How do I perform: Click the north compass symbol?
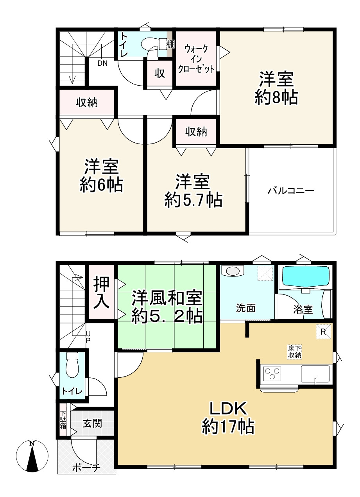tap(32, 456)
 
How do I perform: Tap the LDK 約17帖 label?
tap(228, 418)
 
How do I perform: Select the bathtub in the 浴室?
tap(306, 276)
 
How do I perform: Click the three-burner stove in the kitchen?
tap(271, 375)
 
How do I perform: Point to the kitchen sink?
tap(316, 374)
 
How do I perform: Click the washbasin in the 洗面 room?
tap(232, 271)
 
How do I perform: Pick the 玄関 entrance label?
tap(93, 423)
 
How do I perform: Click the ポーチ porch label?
tap(87, 467)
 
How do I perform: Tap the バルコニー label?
tap(291, 191)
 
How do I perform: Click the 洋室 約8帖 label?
tap(276, 88)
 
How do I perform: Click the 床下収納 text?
tap(295, 352)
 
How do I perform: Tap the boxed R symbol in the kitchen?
tap(323, 332)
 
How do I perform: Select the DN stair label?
tap(102, 63)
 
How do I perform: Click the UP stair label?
tap(88, 337)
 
